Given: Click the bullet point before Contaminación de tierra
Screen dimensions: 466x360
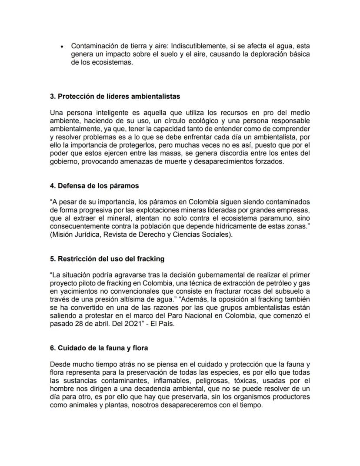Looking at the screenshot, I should click(63, 46).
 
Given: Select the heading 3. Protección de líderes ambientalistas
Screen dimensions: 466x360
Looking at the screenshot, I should click(115, 96).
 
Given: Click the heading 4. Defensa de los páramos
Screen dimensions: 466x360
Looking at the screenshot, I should click(94, 185).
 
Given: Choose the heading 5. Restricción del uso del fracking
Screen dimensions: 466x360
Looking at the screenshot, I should click(107, 258).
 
